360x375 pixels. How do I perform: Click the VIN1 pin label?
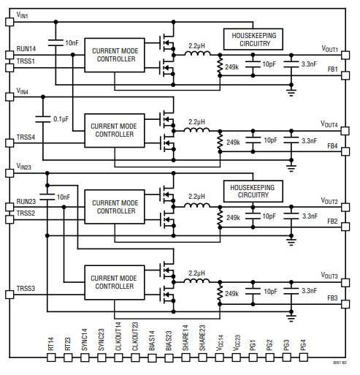click(23, 15)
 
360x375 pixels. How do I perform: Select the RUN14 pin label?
click(26, 49)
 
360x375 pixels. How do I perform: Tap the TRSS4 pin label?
click(26, 137)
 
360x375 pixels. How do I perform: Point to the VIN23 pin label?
click(24, 167)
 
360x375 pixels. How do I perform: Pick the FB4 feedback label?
click(332, 145)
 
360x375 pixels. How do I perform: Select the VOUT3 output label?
click(329, 276)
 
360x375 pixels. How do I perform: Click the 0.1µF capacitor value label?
click(61, 118)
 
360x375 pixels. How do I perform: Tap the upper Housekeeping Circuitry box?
click(253, 39)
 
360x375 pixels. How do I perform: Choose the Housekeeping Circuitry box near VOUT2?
click(253, 191)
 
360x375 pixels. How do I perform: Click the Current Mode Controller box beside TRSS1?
click(115, 55)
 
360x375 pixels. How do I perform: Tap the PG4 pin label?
click(302, 344)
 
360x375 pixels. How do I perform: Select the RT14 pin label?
click(50, 344)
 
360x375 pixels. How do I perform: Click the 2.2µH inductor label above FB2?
click(196, 197)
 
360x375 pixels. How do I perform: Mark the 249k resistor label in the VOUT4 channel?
click(233, 143)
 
